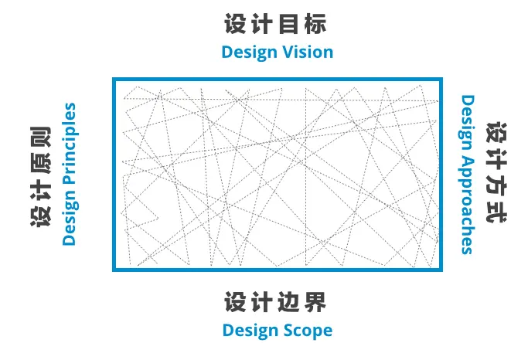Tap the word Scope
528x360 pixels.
tap(305, 330)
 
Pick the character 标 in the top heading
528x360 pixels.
tap(316, 24)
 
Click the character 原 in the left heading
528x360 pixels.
tap(39, 163)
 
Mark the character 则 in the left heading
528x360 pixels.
tap(39, 137)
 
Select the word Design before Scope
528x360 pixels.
tap(248, 330)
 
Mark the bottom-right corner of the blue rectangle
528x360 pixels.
tap(443, 270)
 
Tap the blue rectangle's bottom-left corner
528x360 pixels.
tap(114, 270)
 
